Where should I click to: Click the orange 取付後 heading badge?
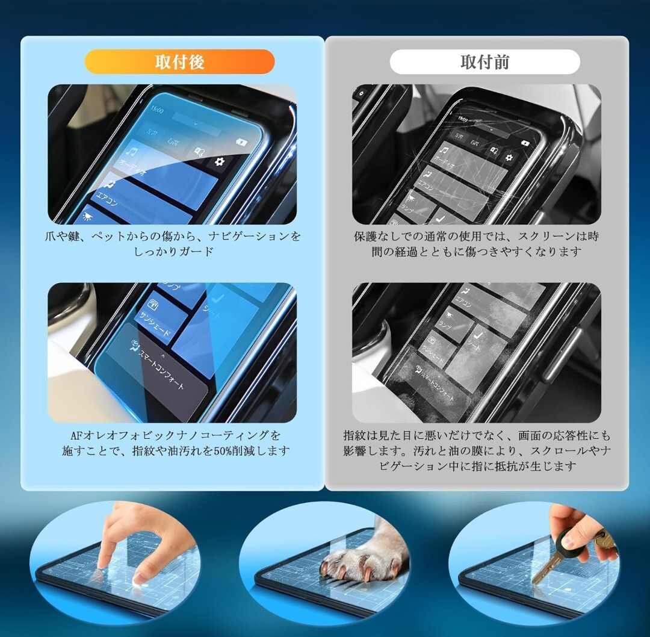(179, 62)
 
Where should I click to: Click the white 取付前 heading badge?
(484, 62)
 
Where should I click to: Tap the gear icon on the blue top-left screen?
(218, 161)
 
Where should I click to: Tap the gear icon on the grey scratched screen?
(509, 158)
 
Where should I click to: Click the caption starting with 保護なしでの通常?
(476, 244)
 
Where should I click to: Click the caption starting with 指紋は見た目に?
(476, 450)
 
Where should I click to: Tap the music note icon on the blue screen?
(134, 152)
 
